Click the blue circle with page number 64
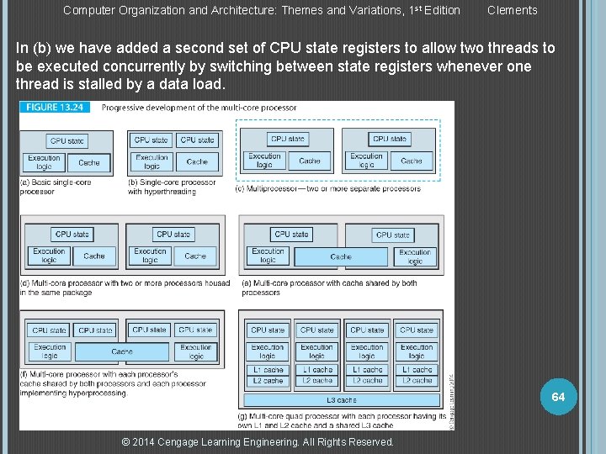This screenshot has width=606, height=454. (558, 396)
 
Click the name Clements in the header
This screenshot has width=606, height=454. (512, 10)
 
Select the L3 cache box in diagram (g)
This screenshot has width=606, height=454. (341, 400)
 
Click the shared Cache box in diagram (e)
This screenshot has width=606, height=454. (341, 256)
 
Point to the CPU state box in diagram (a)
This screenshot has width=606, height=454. (67, 141)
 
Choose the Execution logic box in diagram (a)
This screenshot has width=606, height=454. (44, 162)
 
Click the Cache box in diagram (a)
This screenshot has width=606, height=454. (88, 162)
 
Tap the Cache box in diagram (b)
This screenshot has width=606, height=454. (197, 161)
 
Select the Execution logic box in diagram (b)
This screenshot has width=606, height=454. (151, 161)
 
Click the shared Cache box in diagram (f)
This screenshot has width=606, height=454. (122, 351)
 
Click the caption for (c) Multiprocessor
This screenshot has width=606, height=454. (329, 188)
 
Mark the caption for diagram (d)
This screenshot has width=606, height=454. (125, 288)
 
